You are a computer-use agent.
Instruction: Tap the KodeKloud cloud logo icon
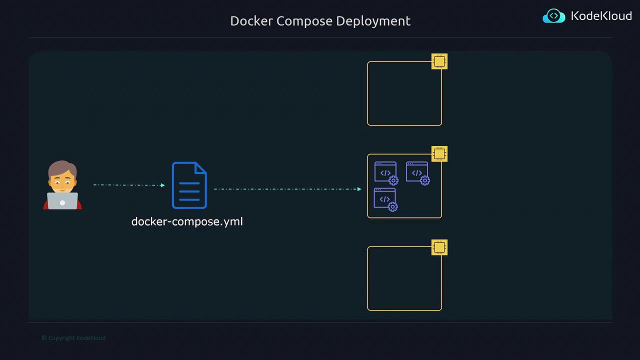pyautogui.click(x=554, y=16)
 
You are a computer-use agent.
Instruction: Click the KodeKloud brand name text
pyautogui.click(x=601, y=16)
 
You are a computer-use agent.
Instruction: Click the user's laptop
pyautogui.click(x=62, y=201)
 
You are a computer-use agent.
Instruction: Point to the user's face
pyautogui.click(x=62, y=180)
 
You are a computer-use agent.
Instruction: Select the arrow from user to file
pyautogui.click(x=128, y=185)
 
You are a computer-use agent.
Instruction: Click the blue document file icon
pyautogui.click(x=189, y=185)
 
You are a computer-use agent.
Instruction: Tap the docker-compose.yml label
pyautogui.click(x=187, y=221)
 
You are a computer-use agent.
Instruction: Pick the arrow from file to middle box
pyautogui.click(x=287, y=189)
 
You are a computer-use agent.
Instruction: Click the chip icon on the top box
pyautogui.click(x=439, y=61)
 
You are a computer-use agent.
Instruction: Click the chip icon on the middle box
pyautogui.click(x=439, y=154)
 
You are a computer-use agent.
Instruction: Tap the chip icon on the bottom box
pyautogui.click(x=439, y=247)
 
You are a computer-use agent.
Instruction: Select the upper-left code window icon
pyautogui.click(x=386, y=173)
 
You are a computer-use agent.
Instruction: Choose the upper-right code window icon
pyautogui.click(x=417, y=173)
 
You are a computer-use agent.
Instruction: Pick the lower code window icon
pyautogui.click(x=385, y=199)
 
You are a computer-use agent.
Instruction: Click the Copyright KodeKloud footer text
pyautogui.click(x=73, y=338)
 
